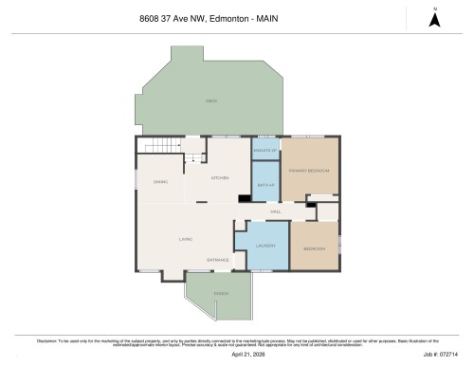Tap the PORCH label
pyautogui.click(x=221, y=294)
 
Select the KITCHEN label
pyautogui.click(x=220, y=178)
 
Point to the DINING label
pyautogui.click(x=160, y=181)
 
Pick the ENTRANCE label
pyautogui.click(x=218, y=260)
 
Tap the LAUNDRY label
pyautogui.click(x=265, y=247)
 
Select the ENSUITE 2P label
pyautogui.click(x=265, y=150)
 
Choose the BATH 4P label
pyautogui.click(x=265, y=184)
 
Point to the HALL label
pyautogui.click(x=275, y=211)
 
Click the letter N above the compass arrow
pyautogui.click(x=433, y=9)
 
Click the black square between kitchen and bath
pyautogui.click(x=244, y=198)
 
